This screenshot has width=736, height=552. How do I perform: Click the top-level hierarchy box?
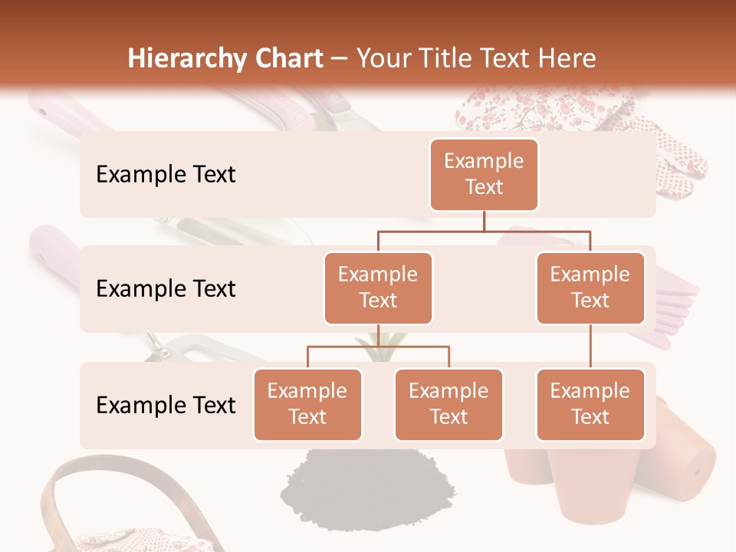484,175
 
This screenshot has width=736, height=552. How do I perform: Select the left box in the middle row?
378,288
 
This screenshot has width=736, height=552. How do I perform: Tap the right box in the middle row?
590,288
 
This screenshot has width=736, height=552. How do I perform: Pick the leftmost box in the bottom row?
307,405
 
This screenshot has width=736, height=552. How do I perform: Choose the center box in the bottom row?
449,405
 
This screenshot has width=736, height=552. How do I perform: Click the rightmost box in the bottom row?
590,405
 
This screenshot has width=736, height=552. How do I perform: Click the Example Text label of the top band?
166,175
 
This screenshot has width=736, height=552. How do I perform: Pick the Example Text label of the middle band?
166,289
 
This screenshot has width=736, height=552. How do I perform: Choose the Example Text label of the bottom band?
166,406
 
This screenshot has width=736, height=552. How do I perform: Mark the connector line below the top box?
484,221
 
